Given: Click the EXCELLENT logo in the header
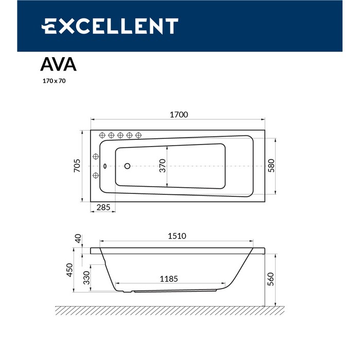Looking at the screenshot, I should pyautogui.click(x=110, y=26).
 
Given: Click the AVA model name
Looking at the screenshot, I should pyautogui.click(x=59, y=64).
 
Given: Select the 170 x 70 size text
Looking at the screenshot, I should pyautogui.click(x=54, y=81).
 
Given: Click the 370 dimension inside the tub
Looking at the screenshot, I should pyautogui.click(x=162, y=166).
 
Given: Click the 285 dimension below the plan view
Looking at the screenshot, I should pyautogui.click(x=103, y=208).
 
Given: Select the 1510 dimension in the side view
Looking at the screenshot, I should pyautogui.click(x=176, y=236).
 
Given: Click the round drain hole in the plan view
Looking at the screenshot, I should pyautogui.click(x=128, y=166).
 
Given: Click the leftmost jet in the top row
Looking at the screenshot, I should pyautogui.click(x=102, y=135).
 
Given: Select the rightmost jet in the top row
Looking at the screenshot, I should pyautogui.click(x=138, y=135).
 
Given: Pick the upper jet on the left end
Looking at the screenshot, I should pyautogui.click(x=96, y=156).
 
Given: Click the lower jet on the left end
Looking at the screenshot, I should pyautogui.click(x=96, y=176).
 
